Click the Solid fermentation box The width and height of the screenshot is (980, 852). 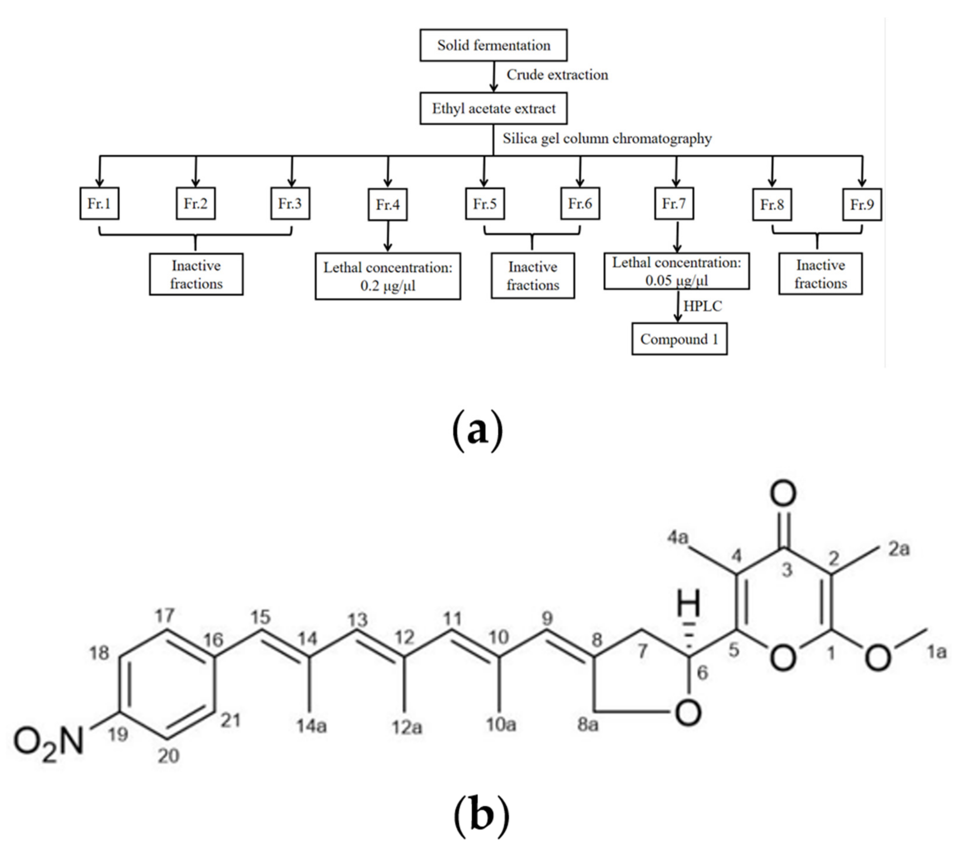coord(493,45)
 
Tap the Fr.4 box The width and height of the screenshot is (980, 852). coord(387,204)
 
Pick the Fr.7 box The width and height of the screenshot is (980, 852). coord(674,203)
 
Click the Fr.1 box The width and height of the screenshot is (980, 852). coord(99,203)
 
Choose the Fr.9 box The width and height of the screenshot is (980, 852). coord(862,204)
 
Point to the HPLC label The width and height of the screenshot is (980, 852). coord(703,306)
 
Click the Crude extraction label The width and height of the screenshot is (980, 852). coord(557,75)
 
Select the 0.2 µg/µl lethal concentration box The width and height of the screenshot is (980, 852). coord(387,276)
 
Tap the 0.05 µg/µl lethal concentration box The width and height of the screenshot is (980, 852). coord(676,271)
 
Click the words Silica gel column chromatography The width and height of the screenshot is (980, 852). coord(607,138)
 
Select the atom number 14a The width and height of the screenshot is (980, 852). coord(312,726)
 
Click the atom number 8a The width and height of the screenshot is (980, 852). coord(588,725)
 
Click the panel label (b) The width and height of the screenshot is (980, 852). coord(481,817)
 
